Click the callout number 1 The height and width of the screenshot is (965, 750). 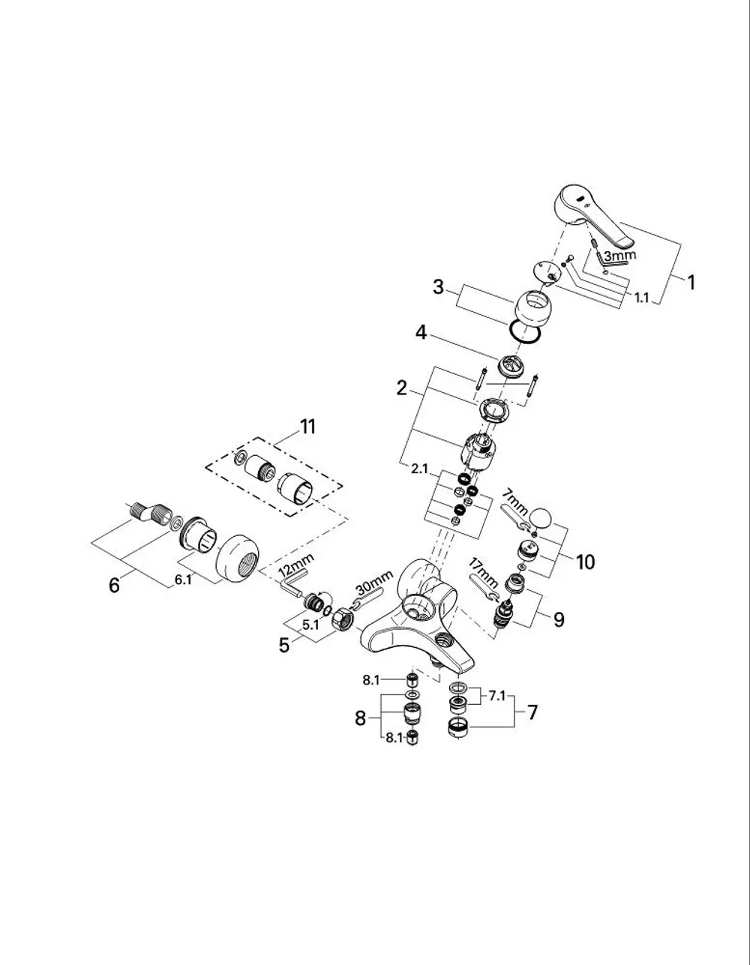pyautogui.click(x=691, y=283)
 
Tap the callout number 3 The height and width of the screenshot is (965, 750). pyautogui.click(x=438, y=287)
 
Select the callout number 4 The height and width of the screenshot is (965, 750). pyautogui.click(x=421, y=332)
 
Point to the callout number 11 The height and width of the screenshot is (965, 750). pyautogui.click(x=308, y=427)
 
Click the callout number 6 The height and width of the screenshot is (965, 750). pyautogui.click(x=115, y=586)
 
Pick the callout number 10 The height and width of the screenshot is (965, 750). pyautogui.click(x=585, y=562)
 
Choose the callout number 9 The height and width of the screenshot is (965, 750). pyautogui.click(x=559, y=619)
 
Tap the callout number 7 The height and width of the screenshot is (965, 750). pyautogui.click(x=532, y=712)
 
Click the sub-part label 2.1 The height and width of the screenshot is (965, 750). pyautogui.click(x=419, y=469)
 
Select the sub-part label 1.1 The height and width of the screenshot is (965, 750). pyautogui.click(x=642, y=298)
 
